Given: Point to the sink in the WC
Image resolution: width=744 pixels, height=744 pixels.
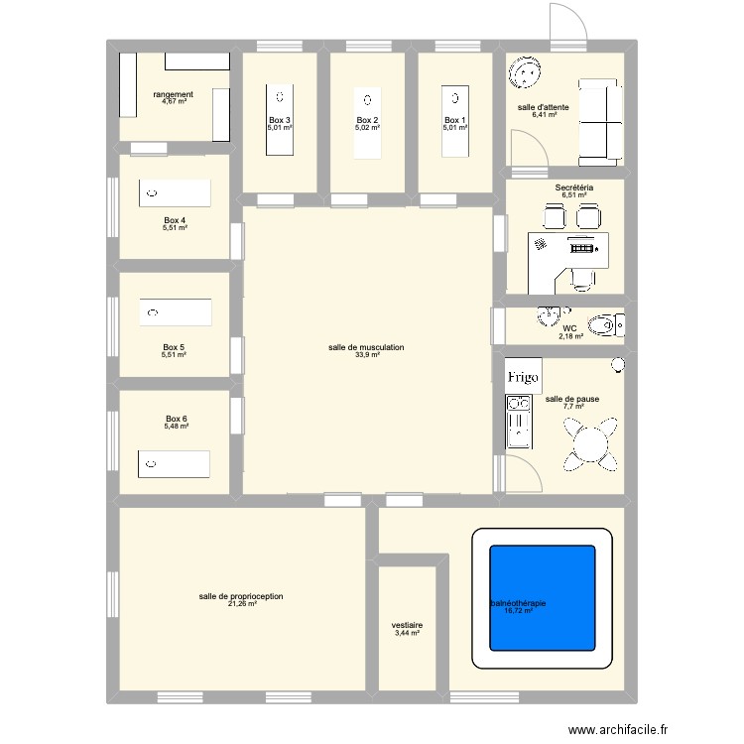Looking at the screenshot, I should click(547, 318).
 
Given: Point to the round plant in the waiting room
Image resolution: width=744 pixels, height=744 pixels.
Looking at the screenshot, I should click(524, 73).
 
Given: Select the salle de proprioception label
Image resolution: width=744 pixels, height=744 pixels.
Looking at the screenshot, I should click(241, 596).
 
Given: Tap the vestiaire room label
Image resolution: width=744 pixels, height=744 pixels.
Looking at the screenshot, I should click(407, 625).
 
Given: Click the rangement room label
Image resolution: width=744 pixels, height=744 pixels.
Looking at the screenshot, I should click(173, 94).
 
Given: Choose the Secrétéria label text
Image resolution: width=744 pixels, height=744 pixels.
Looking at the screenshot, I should click(574, 187).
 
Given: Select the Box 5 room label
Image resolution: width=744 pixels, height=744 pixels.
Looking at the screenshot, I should click(175, 347).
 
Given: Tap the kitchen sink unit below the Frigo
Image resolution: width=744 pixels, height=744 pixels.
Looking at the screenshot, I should click(518, 422).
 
